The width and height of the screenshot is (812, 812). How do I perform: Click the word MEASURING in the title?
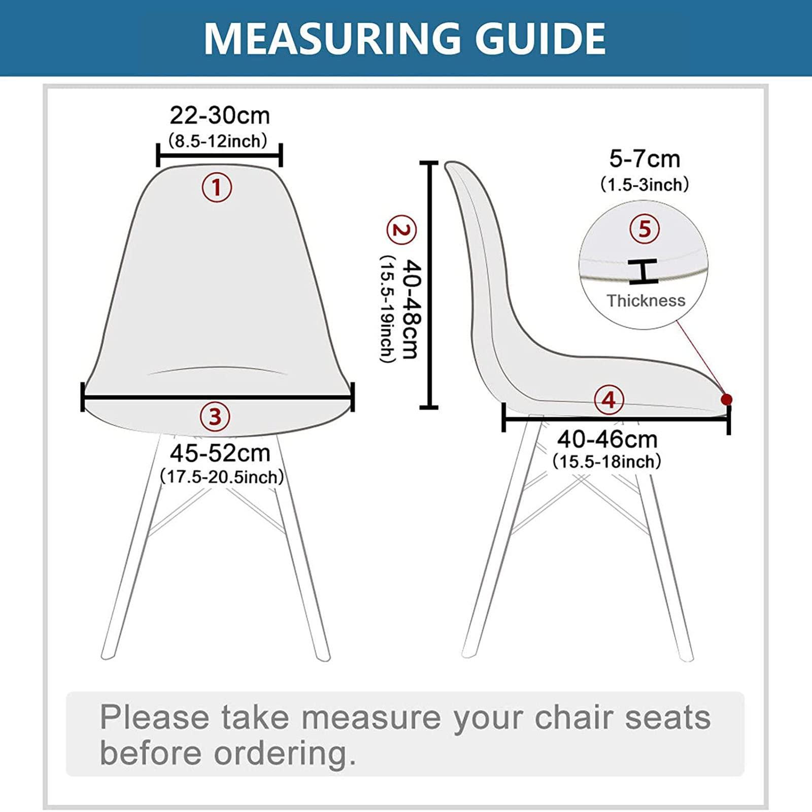click(331, 38)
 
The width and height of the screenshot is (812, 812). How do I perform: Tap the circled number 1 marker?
click(217, 188)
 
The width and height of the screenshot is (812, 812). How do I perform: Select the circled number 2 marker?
click(401, 230)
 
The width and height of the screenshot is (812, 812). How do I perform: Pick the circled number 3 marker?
click(215, 417)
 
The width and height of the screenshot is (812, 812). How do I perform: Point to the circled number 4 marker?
click(608, 400)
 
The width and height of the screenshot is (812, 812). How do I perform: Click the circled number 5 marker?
click(644, 229)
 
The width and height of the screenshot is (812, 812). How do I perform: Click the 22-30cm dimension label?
click(219, 116)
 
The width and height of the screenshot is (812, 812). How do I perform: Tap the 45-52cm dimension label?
click(220, 453)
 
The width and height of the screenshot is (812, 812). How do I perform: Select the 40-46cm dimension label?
click(607, 439)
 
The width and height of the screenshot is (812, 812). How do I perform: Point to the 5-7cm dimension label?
click(645, 159)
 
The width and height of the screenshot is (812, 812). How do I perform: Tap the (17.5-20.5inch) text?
click(222, 477)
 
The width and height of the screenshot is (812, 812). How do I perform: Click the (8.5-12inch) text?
click(217, 141)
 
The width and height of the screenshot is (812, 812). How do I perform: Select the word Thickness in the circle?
click(646, 300)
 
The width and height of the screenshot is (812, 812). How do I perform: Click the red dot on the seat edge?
click(727, 399)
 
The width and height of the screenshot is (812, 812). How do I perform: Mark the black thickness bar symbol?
click(643, 271)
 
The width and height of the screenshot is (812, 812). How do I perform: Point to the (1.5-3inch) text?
click(645, 184)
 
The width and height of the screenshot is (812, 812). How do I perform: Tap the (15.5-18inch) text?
click(607, 462)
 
